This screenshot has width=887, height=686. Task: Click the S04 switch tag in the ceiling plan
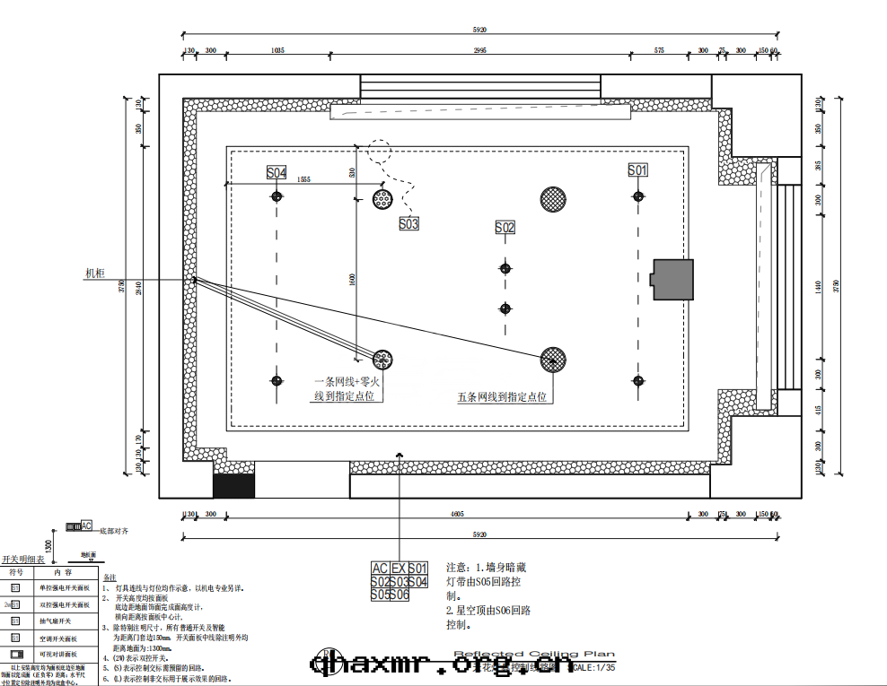pyautogui.click(x=277, y=172)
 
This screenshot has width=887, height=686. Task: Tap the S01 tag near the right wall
pyautogui.click(x=637, y=170)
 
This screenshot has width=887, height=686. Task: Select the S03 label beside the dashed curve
pyautogui.click(x=408, y=223)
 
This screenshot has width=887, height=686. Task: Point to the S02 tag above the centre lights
pyautogui.click(x=505, y=228)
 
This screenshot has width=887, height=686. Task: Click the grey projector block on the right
pyautogui.click(x=672, y=280)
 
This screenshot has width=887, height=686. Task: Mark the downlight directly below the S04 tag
pyautogui.click(x=277, y=196)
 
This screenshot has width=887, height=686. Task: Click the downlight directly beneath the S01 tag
pyautogui.click(x=637, y=196)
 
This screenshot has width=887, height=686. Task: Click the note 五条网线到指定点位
pyautogui.click(x=502, y=396)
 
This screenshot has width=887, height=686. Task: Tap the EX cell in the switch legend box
pyautogui.click(x=399, y=568)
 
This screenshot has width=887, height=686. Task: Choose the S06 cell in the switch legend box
pyautogui.click(x=399, y=595)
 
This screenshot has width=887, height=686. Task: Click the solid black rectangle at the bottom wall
pyautogui.click(x=233, y=485)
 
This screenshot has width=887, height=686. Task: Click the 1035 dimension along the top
pyautogui.click(x=277, y=51)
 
